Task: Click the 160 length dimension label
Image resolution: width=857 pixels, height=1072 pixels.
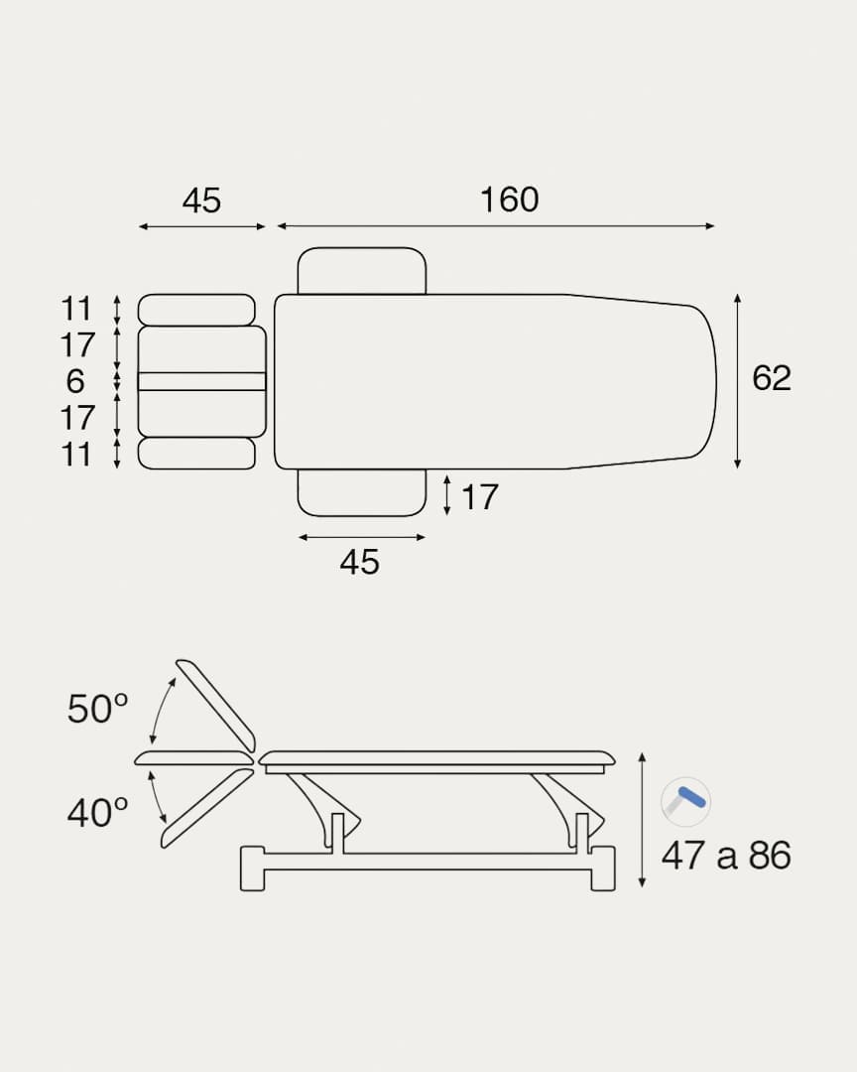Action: point(509,200)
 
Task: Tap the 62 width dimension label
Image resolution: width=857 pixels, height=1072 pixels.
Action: point(772,378)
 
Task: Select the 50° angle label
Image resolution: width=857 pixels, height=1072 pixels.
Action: point(98,709)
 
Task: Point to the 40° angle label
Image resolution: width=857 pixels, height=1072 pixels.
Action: point(98,813)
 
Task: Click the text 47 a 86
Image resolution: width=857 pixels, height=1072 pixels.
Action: point(726,855)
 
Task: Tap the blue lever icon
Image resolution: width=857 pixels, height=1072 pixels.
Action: point(686,801)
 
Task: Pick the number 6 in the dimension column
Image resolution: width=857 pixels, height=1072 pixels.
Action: point(75,381)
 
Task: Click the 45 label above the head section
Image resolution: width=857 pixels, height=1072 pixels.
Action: point(201,201)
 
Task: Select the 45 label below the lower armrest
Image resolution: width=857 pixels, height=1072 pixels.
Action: point(359,562)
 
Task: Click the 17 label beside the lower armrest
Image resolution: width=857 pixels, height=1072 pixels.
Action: point(480,497)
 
